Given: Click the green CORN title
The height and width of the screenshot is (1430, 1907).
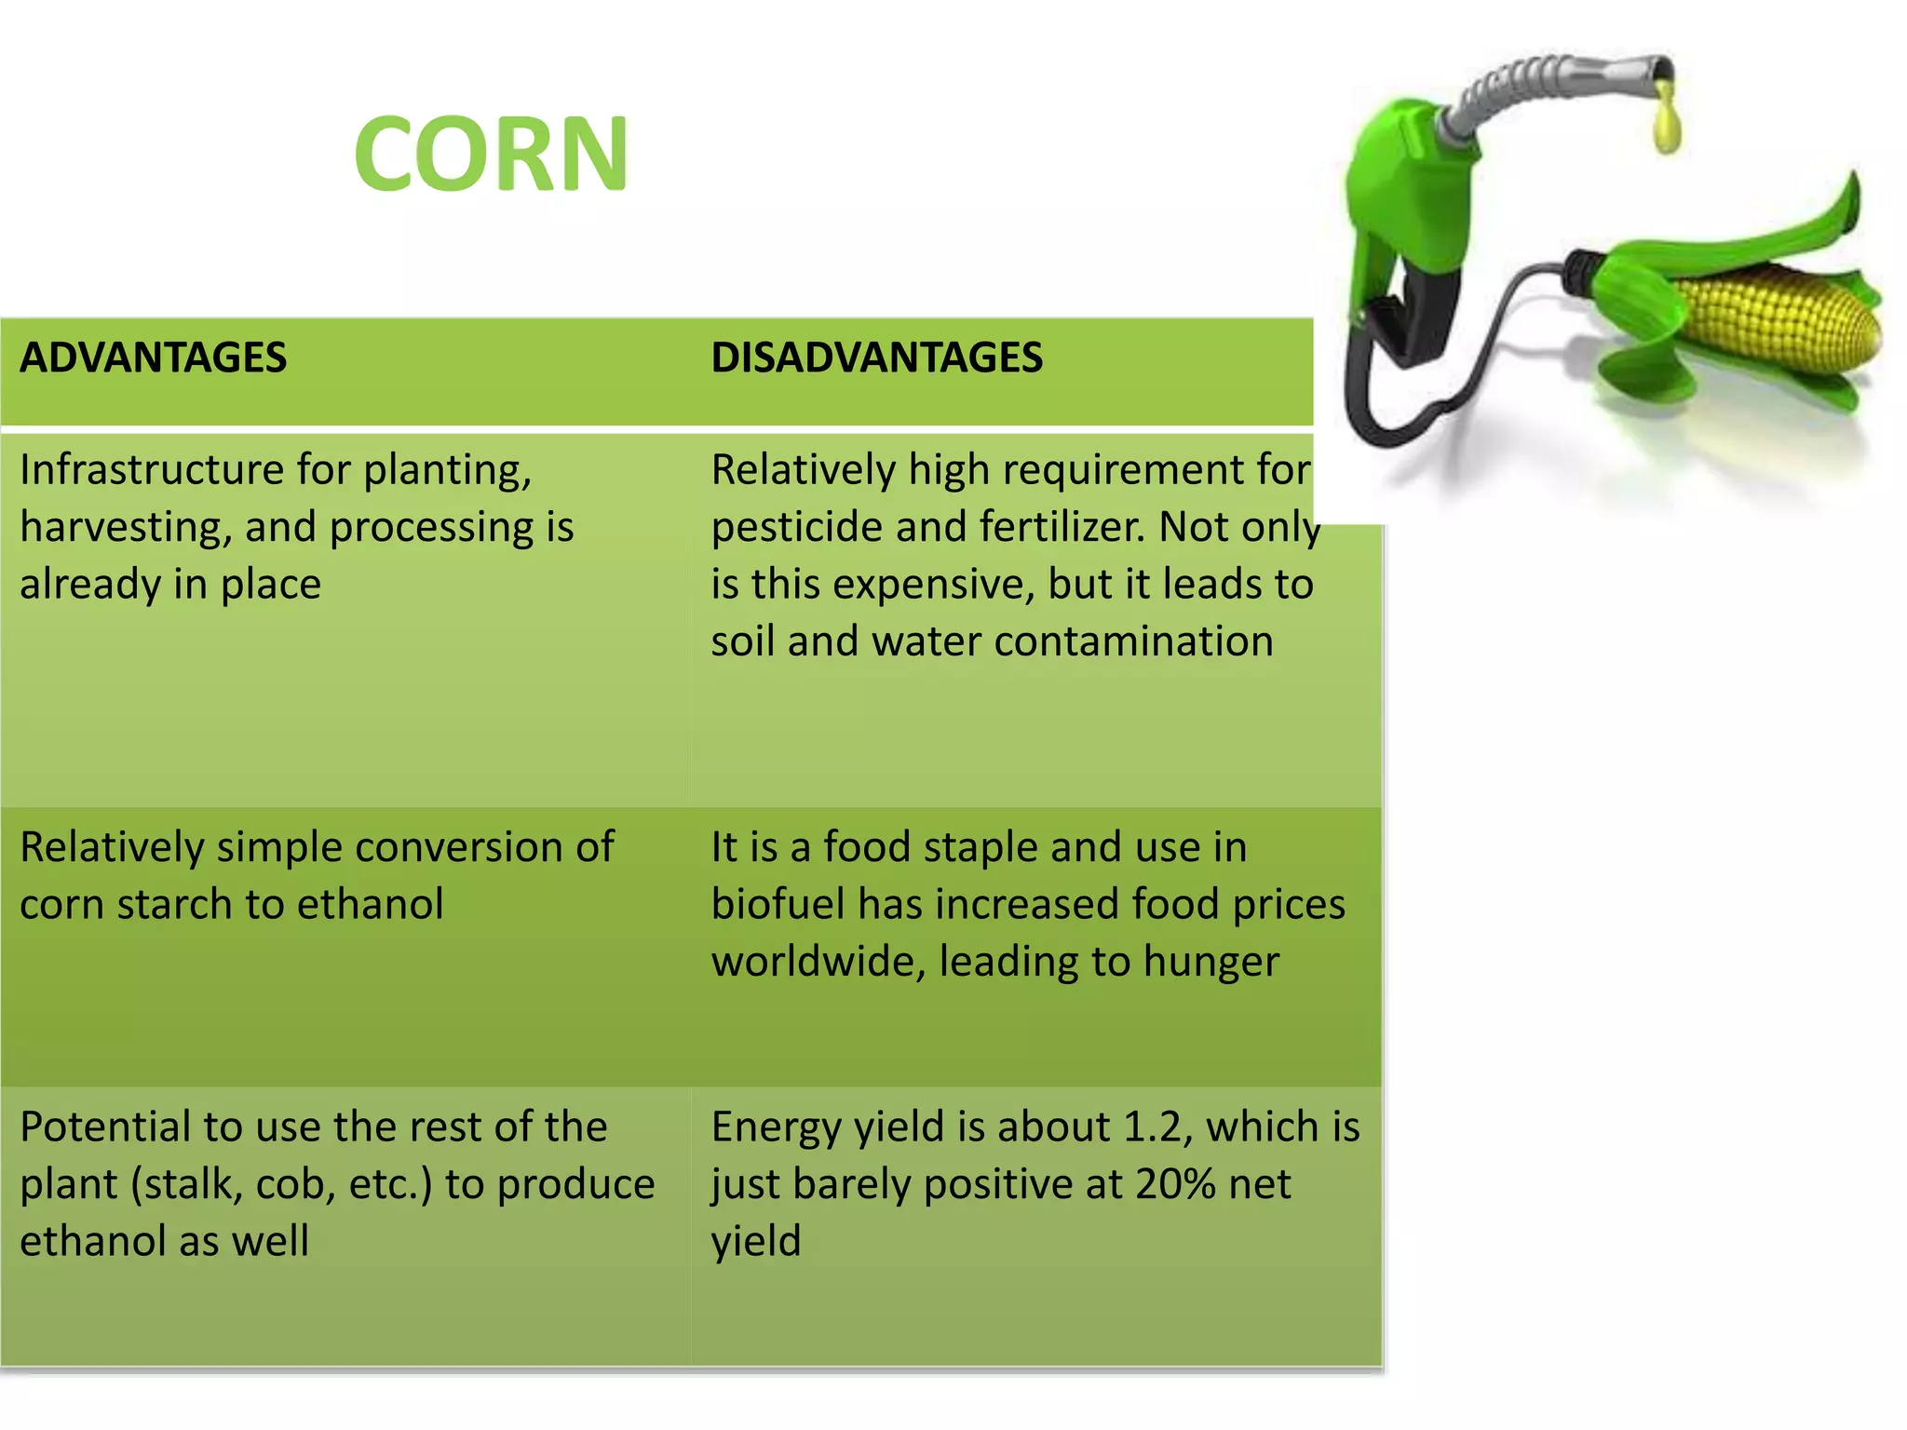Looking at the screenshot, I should (491, 155).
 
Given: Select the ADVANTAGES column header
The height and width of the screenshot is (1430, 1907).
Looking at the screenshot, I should (154, 358).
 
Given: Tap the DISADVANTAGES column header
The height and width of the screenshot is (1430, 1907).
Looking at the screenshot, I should (876, 358).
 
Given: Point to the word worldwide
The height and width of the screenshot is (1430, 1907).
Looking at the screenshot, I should (818, 963).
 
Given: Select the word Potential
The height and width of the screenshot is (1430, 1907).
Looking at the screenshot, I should (104, 1127).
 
